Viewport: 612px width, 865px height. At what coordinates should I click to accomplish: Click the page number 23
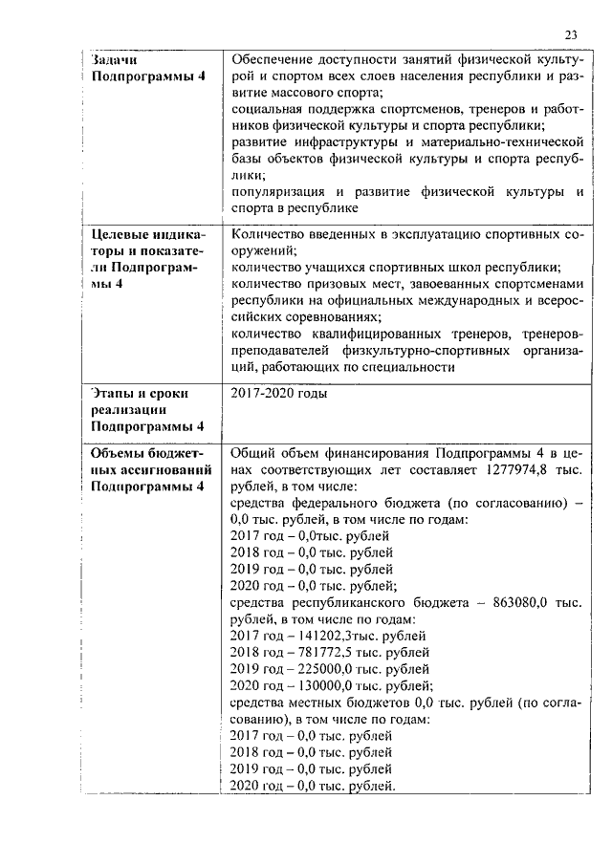571,35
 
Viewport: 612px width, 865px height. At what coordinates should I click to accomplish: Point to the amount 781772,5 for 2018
321,652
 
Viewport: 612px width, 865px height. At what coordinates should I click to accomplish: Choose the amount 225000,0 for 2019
321,668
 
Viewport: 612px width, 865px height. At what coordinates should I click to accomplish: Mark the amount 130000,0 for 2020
321,685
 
